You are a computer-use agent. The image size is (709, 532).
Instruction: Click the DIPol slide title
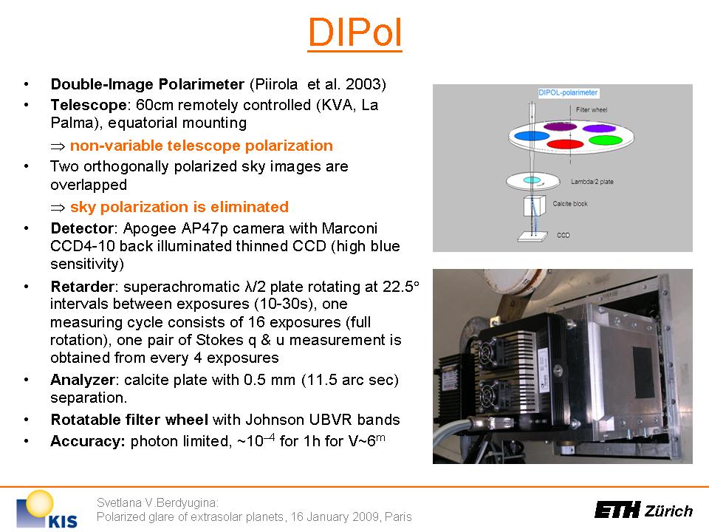tap(355, 33)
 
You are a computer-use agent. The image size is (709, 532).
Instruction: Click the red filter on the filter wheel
tap(565, 144)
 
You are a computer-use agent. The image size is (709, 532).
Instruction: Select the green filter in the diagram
tap(606, 140)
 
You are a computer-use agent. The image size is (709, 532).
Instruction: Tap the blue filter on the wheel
tap(532, 136)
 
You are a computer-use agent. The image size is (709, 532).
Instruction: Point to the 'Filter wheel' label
tap(592, 110)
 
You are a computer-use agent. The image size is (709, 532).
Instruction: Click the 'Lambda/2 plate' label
tap(592, 182)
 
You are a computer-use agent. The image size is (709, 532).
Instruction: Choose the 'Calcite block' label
tap(569, 204)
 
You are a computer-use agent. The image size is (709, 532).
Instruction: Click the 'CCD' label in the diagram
tap(563, 235)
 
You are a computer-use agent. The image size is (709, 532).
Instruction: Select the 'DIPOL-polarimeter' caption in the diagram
tap(568, 93)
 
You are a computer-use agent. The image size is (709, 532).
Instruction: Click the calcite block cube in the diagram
tap(535, 206)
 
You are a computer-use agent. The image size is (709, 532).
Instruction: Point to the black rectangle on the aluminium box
tap(643, 372)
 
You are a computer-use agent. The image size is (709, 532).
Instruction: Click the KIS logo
tap(47, 509)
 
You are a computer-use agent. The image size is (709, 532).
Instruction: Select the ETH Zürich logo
tap(643, 511)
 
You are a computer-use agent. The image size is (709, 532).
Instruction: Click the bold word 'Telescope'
tap(89, 105)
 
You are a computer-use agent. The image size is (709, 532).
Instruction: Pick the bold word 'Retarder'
tap(82, 287)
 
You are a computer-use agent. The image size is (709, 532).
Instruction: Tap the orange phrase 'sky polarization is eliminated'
tap(179, 207)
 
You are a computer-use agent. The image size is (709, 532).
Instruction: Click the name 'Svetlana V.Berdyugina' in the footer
tap(157, 502)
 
